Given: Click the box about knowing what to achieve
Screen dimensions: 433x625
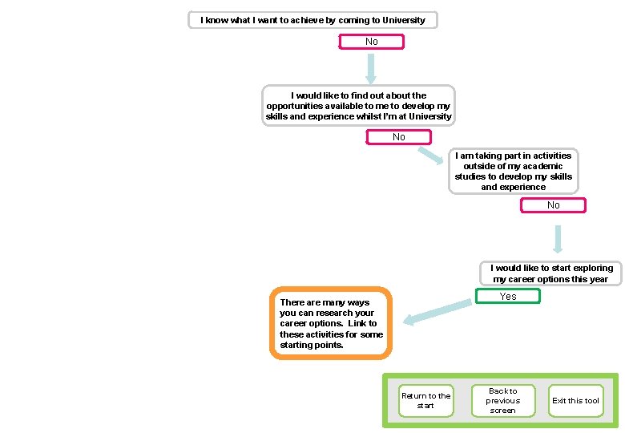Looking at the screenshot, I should tap(312, 20).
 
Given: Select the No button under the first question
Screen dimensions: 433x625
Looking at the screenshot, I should tap(372, 42).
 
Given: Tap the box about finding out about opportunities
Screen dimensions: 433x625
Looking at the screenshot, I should tap(359, 106).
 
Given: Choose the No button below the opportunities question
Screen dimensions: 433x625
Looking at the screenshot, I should tap(398, 137).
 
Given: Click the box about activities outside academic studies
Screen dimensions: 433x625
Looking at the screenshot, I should tap(513, 171).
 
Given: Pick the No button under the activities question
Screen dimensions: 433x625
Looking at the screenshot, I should tap(553, 205).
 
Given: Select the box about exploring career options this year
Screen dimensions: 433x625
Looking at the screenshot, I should tap(551, 273).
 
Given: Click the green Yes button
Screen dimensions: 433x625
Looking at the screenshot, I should tap(508, 296).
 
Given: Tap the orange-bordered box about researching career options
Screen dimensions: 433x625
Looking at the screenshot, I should tap(331, 323).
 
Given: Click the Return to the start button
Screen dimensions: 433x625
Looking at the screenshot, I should tap(425, 400).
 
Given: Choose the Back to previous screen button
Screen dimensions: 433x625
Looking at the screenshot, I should tap(502, 400).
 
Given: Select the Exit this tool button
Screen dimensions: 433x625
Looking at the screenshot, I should tap(575, 400).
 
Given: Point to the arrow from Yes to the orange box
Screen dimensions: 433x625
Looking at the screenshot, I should tap(437, 312).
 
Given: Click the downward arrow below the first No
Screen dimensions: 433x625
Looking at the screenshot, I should tap(371, 69).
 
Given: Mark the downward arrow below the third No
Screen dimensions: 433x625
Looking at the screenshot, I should tap(558, 238).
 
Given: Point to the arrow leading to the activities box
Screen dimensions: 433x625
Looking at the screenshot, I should tap(433, 155).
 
